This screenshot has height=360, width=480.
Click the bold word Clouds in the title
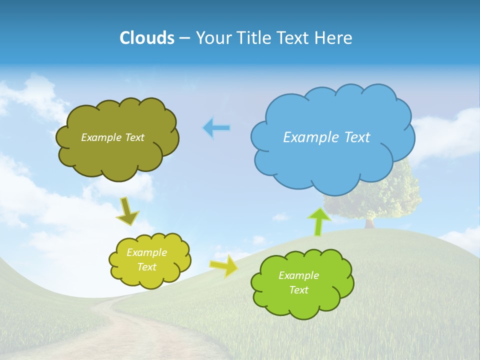click(x=147, y=38)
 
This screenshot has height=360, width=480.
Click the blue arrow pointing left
click(x=216, y=128)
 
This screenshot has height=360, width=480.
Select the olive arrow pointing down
click(x=127, y=212)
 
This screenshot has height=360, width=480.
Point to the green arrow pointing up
click(x=318, y=221)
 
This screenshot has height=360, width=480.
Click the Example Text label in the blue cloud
click(x=326, y=137)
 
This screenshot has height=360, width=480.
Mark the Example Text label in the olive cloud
click(x=112, y=137)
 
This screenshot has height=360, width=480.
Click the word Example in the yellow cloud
click(x=146, y=252)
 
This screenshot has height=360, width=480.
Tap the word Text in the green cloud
click(x=298, y=290)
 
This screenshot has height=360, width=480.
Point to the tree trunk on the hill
click(x=370, y=223)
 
